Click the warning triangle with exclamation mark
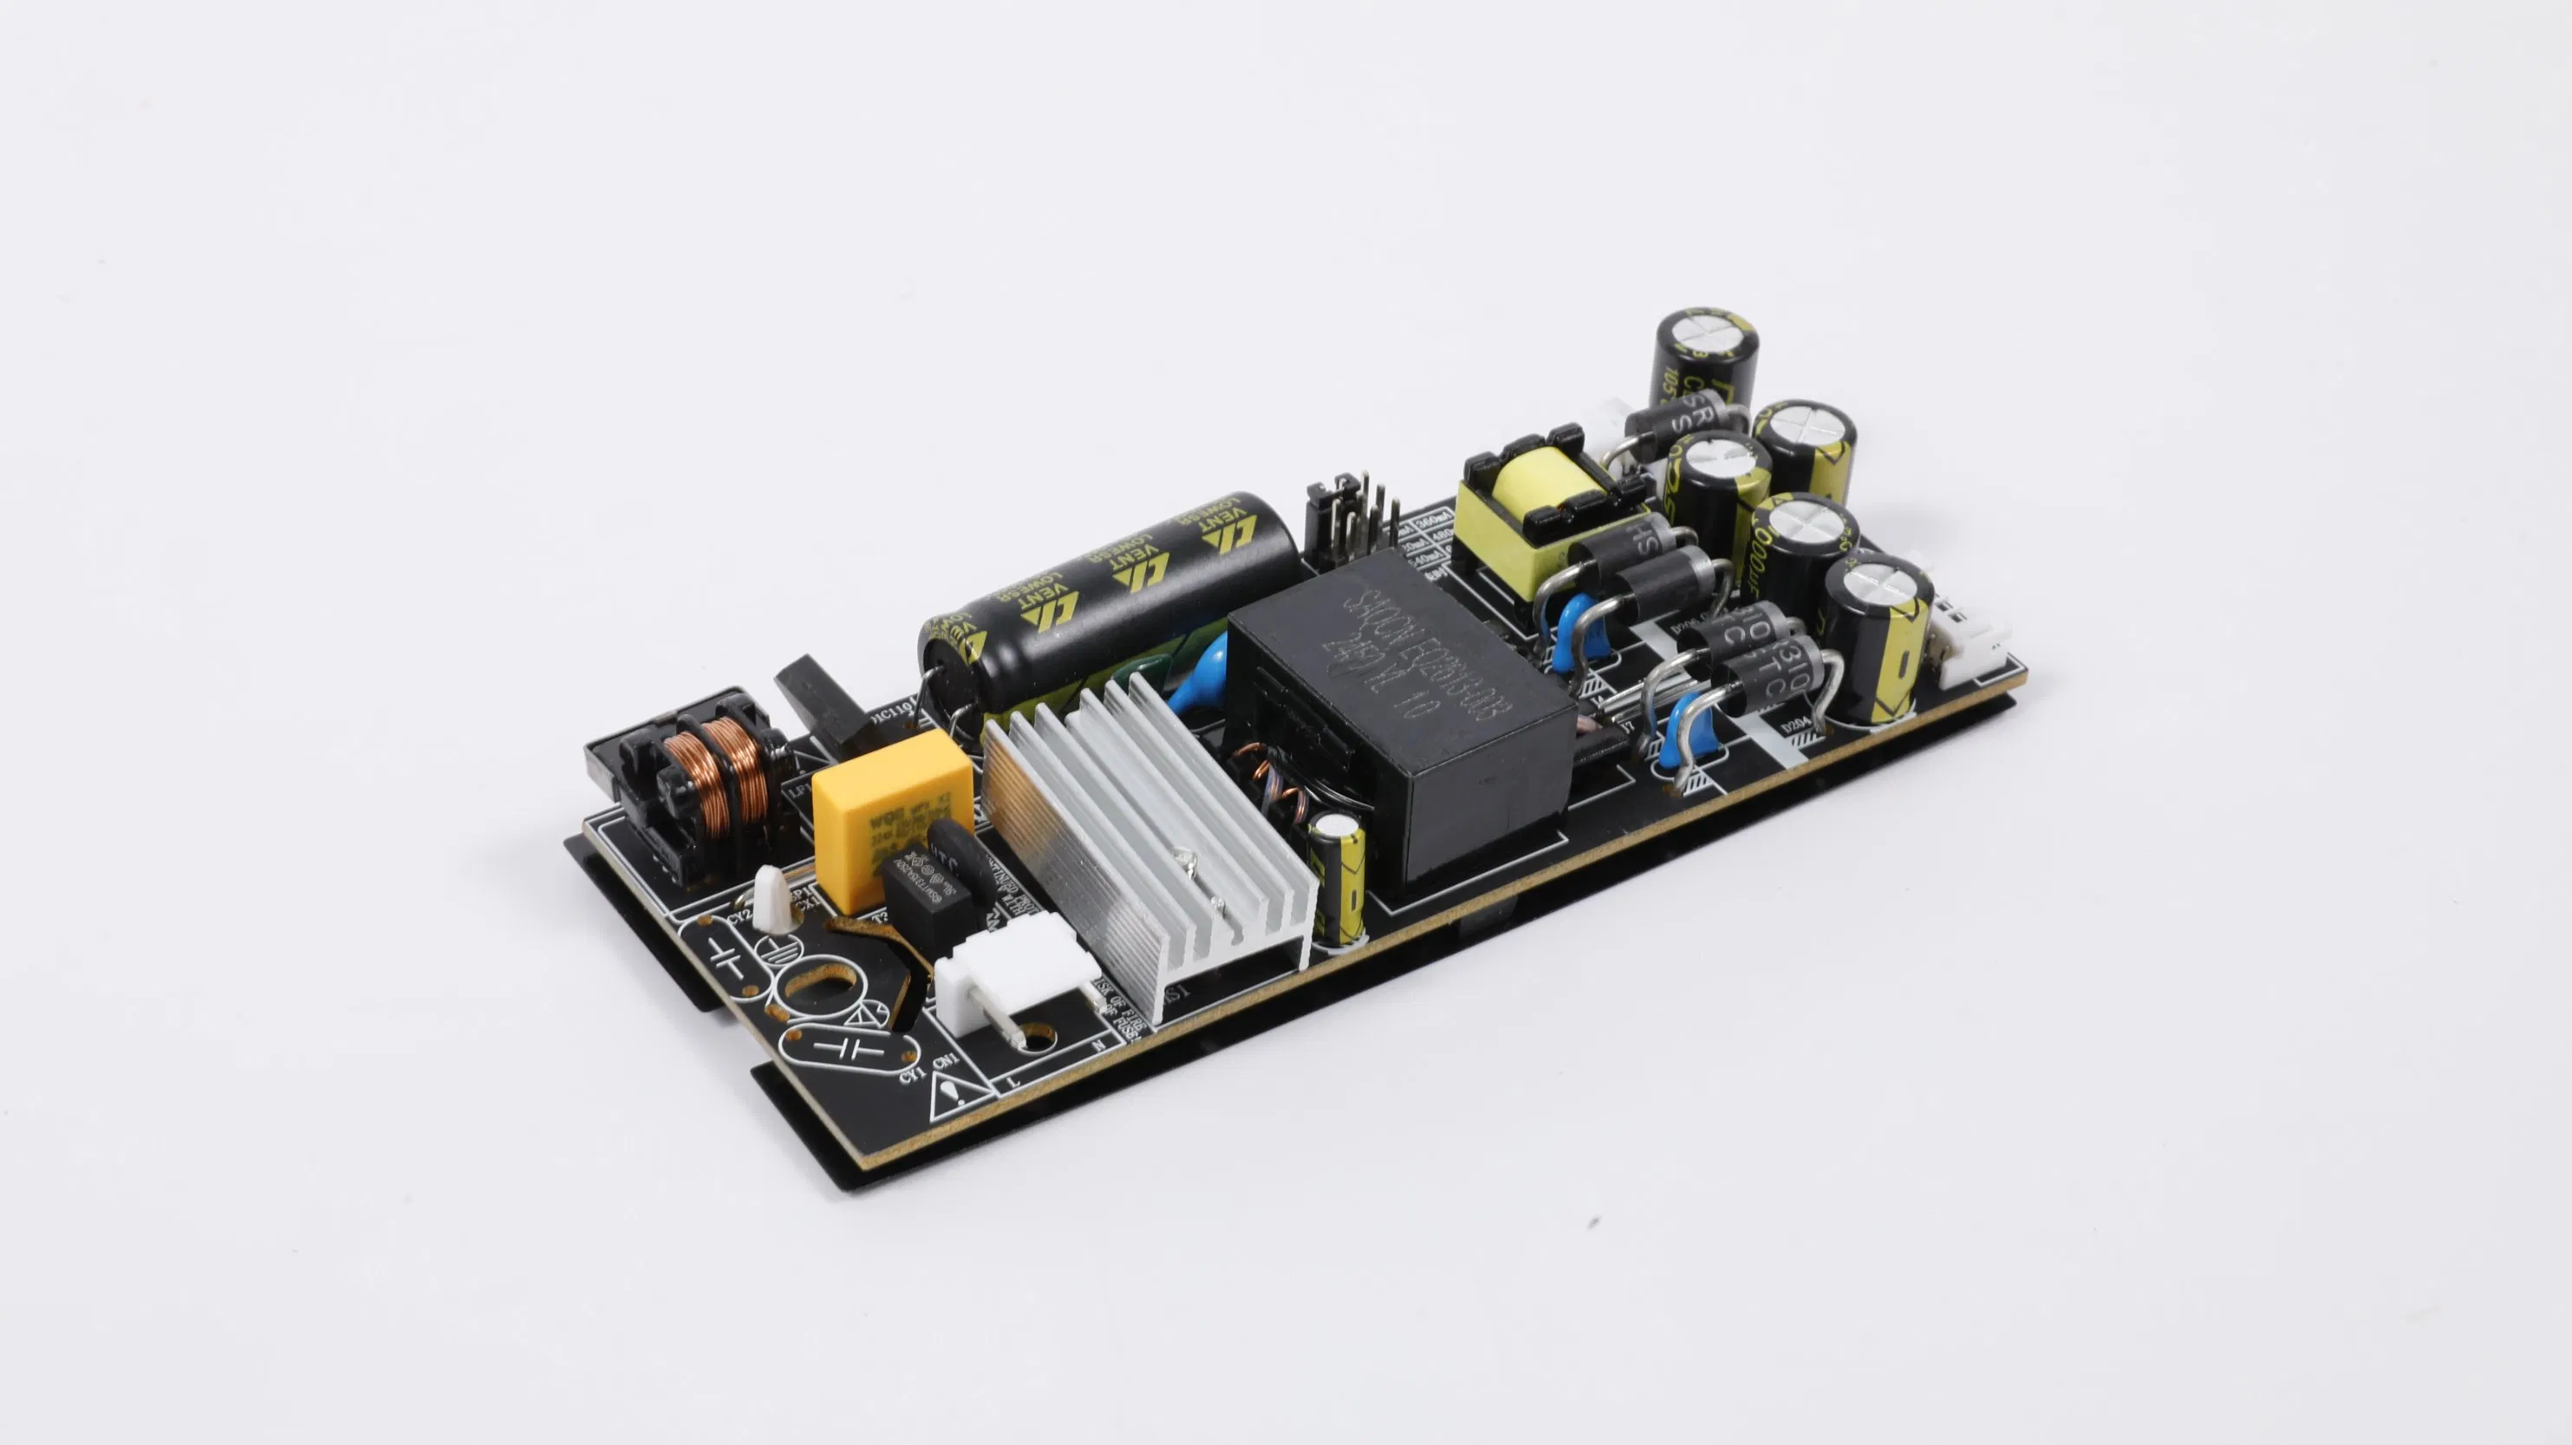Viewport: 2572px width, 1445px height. [947, 1098]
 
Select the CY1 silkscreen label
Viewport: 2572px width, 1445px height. [909, 1077]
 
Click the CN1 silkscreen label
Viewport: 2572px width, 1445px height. [946, 1059]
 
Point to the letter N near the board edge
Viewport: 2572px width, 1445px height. [1098, 1045]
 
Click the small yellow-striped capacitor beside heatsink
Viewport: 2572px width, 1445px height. [1338, 879]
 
